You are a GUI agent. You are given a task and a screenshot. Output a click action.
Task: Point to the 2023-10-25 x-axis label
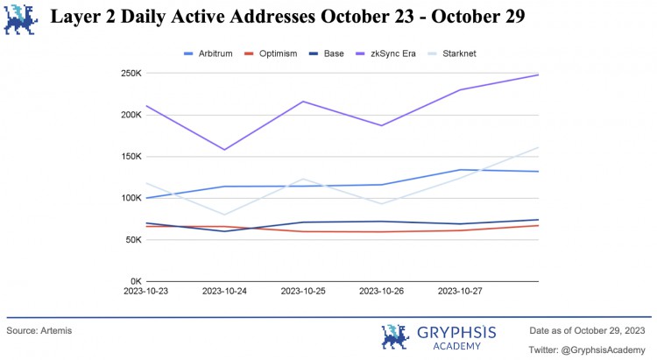pos(303,291)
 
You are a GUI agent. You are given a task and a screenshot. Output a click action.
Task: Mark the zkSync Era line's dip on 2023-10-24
pos(225,150)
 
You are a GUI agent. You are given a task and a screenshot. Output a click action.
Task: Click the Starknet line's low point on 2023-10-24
pos(225,215)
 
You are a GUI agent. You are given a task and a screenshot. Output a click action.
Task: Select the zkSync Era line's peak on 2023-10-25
pos(303,102)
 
